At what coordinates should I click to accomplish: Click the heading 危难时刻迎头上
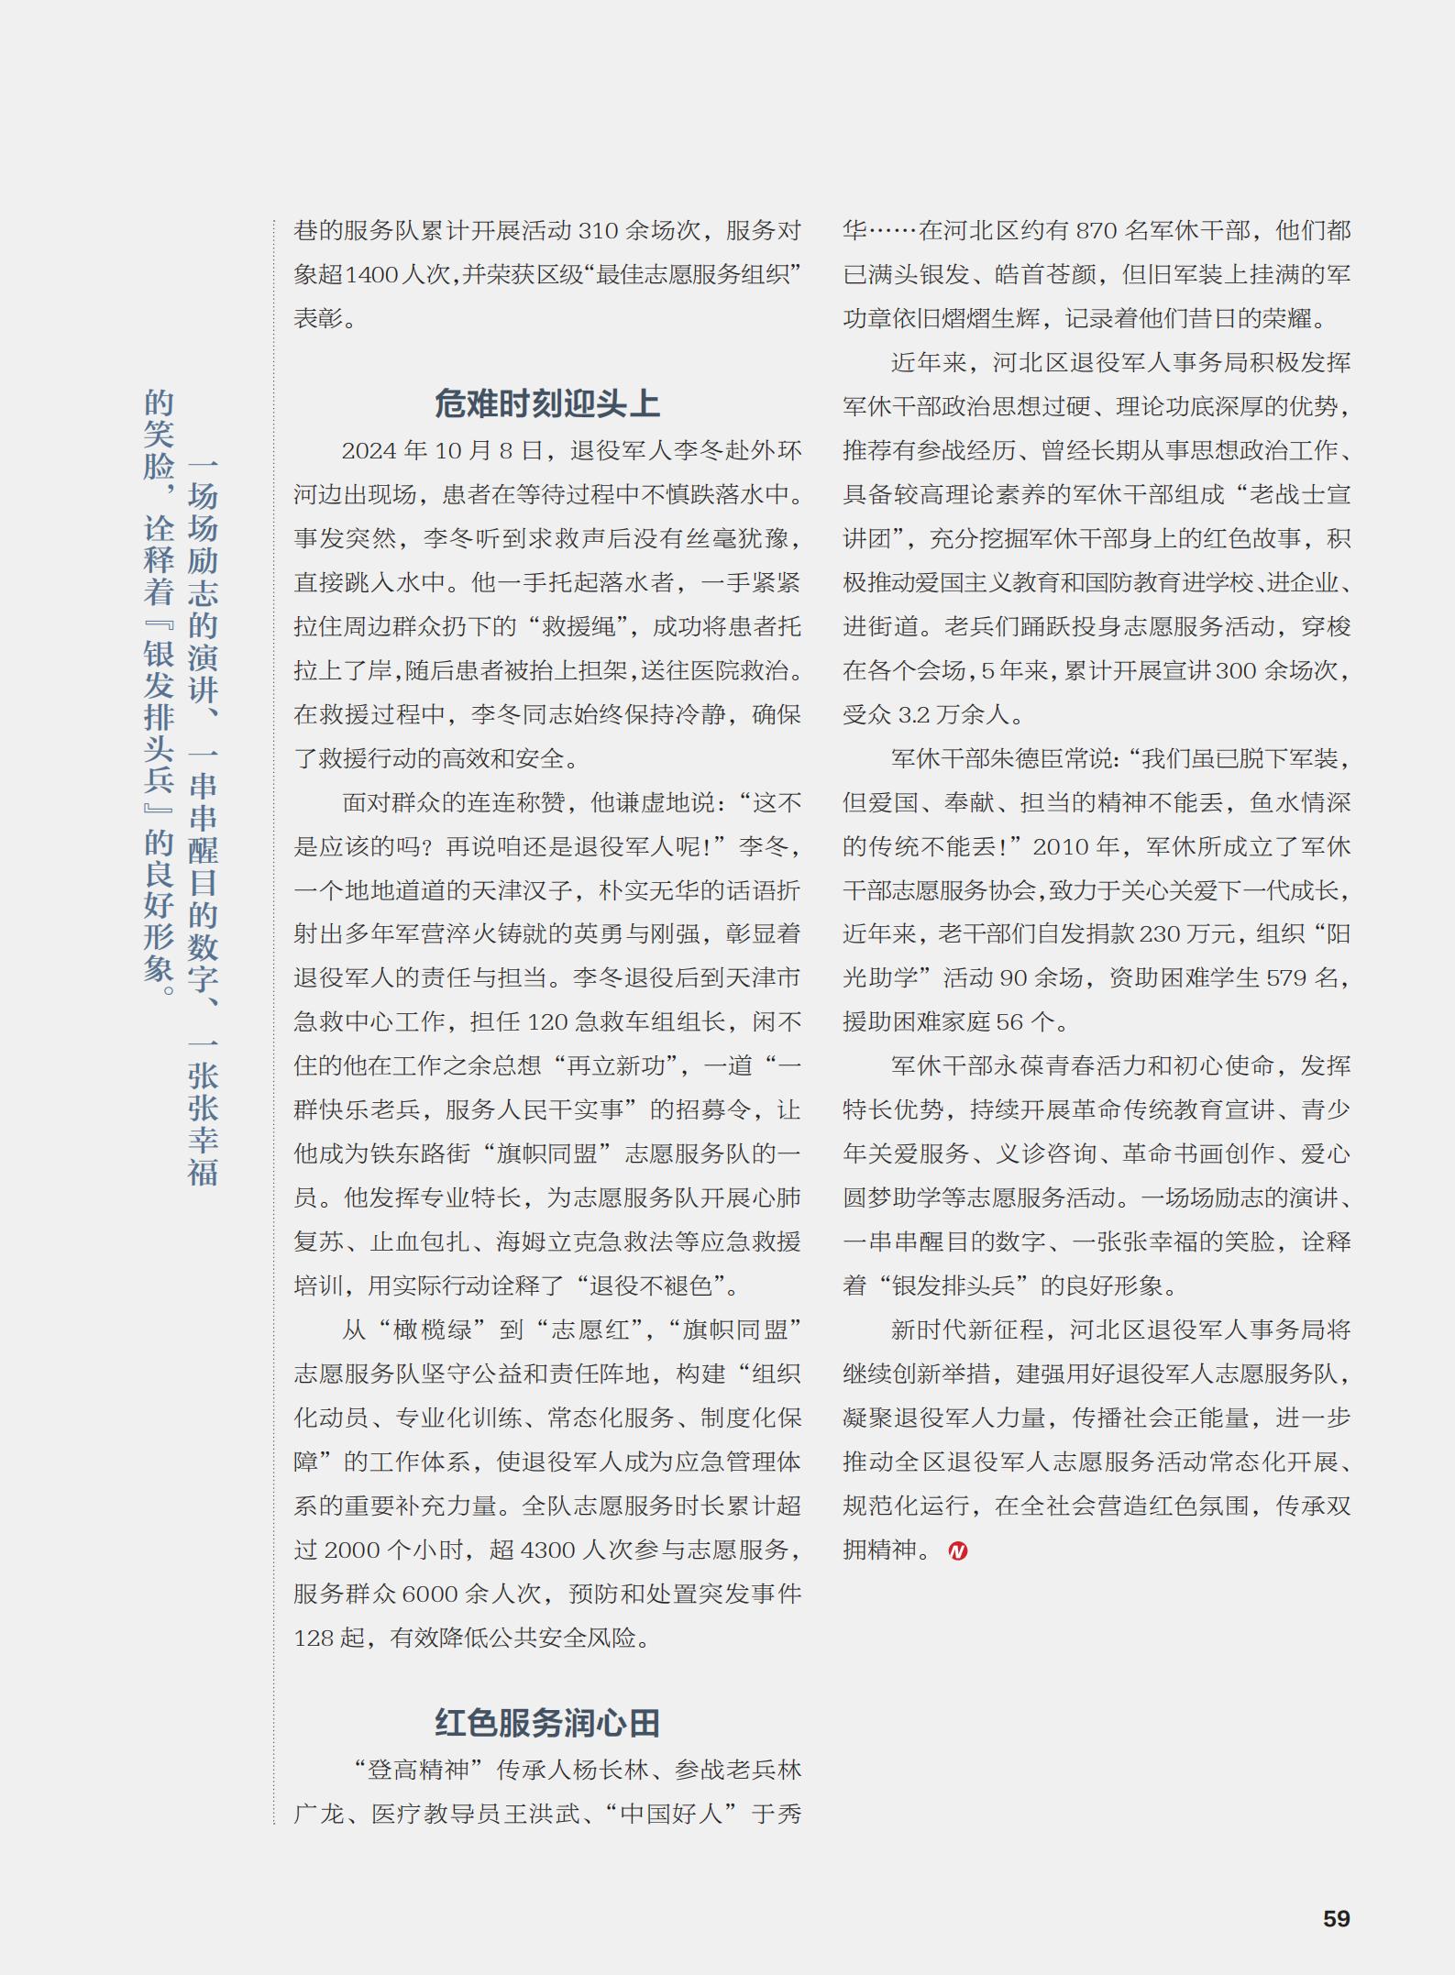point(546,403)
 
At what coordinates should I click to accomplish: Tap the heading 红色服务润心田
point(546,1723)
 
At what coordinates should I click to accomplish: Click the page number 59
point(1336,1918)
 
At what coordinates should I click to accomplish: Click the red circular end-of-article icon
point(958,1550)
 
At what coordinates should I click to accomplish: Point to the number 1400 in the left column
point(372,275)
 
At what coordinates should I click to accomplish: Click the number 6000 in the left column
point(429,1594)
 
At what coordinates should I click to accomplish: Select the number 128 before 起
point(314,1638)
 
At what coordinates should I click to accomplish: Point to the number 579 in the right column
point(1286,978)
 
